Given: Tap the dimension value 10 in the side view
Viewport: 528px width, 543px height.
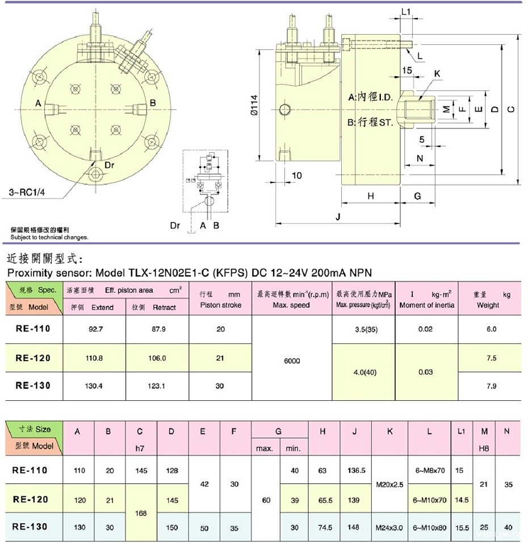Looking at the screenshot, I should tap(296, 175).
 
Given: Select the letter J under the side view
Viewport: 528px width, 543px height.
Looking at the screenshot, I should tap(338, 217).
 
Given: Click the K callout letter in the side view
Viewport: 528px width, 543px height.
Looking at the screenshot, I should tap(437, 74).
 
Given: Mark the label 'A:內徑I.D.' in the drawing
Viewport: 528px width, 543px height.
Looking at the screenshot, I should tap(370, 98).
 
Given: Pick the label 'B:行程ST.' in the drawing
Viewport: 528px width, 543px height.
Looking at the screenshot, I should tap(370, 122).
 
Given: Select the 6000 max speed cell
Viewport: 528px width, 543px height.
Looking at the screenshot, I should tap(292, 360).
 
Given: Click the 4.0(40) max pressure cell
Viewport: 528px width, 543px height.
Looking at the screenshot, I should tap(363, 372).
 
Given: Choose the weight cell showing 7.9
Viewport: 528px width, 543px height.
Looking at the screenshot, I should tap(492, 386).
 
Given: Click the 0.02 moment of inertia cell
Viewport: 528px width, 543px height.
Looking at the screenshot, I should tap(426, 329).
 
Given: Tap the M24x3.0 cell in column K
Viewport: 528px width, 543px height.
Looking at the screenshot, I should tap(389, 527).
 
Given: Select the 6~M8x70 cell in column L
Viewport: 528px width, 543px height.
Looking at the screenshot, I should tap(429, 471).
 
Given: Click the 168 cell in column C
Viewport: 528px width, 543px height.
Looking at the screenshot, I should tap(141, 513).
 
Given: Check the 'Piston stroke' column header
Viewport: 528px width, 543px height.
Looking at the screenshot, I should tap(220, 305).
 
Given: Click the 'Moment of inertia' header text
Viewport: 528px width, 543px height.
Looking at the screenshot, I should tap(426, 305).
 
